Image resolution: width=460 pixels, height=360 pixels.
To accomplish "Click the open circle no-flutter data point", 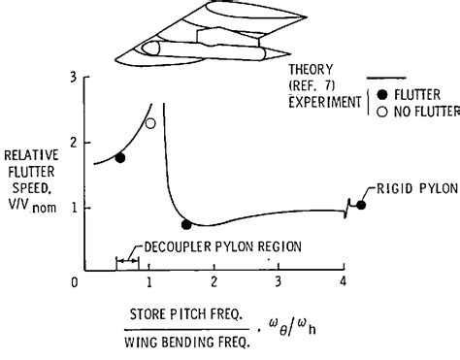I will click(149, 123).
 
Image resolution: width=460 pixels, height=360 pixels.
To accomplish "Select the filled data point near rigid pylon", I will click(361, 205).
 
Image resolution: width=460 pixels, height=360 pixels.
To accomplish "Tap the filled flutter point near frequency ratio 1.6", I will click(186, 224).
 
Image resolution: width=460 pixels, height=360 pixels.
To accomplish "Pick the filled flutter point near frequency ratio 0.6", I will click(119, 157).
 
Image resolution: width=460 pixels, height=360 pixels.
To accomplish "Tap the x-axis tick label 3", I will click(279, 283).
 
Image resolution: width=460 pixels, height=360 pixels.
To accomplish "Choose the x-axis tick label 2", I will click(214, 283).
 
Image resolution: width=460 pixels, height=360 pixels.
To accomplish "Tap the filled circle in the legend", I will click(382, 95).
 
